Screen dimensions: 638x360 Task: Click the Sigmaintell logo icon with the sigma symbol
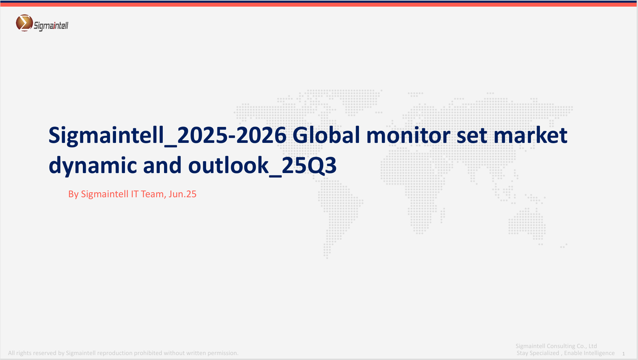tap(24, 23)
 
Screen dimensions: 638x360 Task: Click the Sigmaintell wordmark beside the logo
tap(51, 26)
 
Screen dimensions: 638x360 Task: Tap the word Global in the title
tap(326, 135)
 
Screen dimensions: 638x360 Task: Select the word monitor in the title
tap(408, 136)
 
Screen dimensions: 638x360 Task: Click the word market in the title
tap(530, 136)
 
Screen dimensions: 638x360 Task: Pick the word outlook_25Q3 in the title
tap(262, 165)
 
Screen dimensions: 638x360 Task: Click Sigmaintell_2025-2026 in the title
tap(167, 136)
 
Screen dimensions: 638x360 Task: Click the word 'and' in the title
tap(162, 165)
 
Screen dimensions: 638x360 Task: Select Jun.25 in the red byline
tap(182, 194)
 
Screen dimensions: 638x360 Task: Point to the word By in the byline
tap(73, 194)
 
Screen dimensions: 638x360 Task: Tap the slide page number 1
tap(623, 354)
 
